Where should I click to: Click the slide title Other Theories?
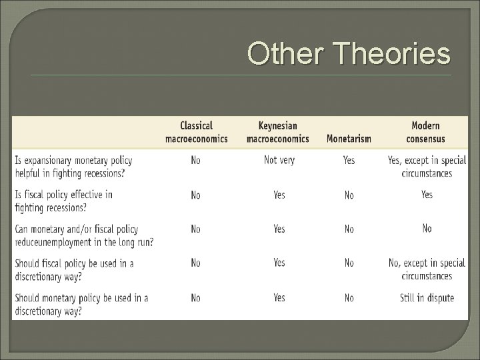coord(349,53)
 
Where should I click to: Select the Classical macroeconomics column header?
coord(196,132)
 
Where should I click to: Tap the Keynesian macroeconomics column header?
coord(278,132)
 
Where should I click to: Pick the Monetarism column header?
coord(349,139)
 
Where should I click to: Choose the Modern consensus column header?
coord(426,132)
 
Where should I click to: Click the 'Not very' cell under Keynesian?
coord(279,160)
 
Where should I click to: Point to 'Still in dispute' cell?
coord(427,297)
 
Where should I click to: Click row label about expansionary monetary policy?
coord(73,167)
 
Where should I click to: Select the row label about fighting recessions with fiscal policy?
coord(64,201)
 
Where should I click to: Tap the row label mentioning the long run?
coord(84,235)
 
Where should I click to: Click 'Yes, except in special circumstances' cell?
coord(427,167)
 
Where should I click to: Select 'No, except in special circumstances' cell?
coord(427,269)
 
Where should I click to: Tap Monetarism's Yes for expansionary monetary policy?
coord(349,161)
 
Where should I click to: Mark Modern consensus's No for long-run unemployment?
coord(427,229)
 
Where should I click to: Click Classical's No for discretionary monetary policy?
coord(195,297)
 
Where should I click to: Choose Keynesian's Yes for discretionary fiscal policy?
coord(279,263)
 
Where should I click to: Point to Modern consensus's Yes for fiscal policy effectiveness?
coord(427,195)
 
